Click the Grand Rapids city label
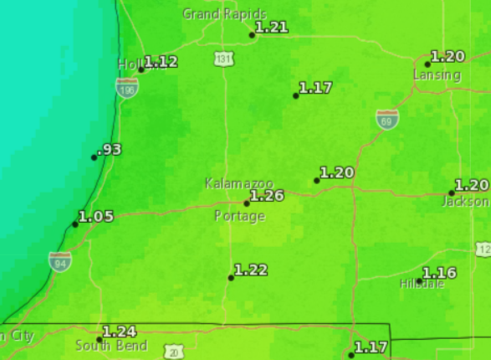click(224, 14)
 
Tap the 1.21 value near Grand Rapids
click(272, 28)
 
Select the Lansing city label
click(437, 75)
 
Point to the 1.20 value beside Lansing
click(448, 57)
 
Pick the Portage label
click(240, 216)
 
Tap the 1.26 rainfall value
click(268, 196)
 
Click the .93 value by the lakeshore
click(110, 150)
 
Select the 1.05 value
click(96, 216)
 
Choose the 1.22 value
click(251, 270)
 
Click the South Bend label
click(111, 346)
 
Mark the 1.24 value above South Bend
click(119, 332)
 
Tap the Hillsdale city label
click(422, 285)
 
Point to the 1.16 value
click(439, 273)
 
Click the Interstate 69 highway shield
click(386, 118)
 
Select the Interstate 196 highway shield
click(127, 87)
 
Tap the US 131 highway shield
click(223, 59)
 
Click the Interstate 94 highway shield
click(59, 260)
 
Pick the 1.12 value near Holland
click(161, 62)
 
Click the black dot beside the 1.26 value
click(247, 203)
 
